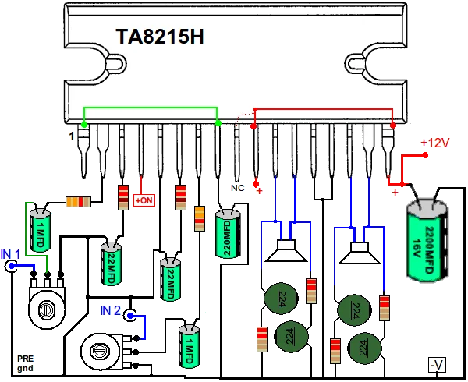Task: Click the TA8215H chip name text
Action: pyautogui.click(x=160, y=38)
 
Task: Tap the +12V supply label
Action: pyautogui.click(x=435, y=143)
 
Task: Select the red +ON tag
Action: pyautogui.click(x=145, y=200)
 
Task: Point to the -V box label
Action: pyautogui.click(x=437, y=364)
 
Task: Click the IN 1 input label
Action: pyautogui.click(x=10, y=255)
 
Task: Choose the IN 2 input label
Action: pyautogui.click(x=111, y=310)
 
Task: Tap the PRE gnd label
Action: pyautogui.click(x=25, y=363)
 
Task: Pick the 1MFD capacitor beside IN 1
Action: pyautogui.click(x=40, y=232)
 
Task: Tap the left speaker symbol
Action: pyautogui.click(x=285, y=251)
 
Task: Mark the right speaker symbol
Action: pyautogui.click(x=359, y=253)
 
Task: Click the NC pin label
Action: pyautogui.click(x=238, y=187)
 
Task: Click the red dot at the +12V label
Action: pyautogui.click(x=426, y=155)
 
